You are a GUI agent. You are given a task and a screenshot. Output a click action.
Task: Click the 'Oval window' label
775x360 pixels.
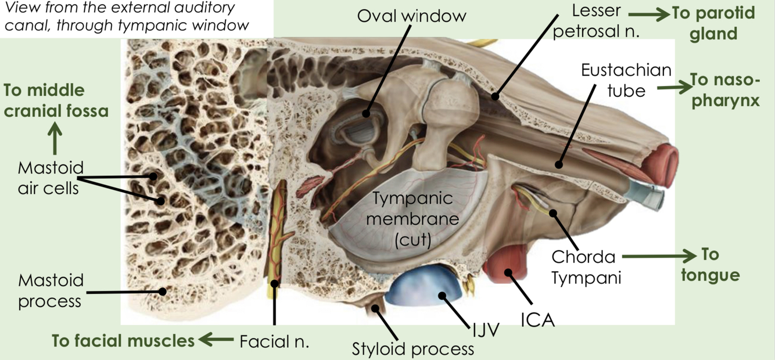click(x=411, y=16)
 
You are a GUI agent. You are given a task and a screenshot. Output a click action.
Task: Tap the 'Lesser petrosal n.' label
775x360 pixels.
click(x=595, y=21)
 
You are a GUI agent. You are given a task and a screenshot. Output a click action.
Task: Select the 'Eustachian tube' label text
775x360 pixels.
click(x=626, y=80)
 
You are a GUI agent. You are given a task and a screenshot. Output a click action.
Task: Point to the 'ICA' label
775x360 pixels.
click(x=537, y=319)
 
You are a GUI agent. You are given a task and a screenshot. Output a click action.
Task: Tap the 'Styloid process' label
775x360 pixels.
click(x=413, y=349)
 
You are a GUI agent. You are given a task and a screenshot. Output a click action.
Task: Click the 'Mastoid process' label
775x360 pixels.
click(x=51, y=291)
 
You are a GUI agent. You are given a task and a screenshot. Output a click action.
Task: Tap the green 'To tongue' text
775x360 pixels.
click(x=710, y=264)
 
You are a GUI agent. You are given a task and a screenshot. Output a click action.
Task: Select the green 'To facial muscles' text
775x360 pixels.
click(x=123, y=341)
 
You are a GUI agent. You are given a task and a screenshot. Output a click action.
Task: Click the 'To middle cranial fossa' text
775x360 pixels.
click(x=56, y=100)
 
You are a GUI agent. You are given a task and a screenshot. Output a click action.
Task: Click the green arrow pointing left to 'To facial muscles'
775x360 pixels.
click(x=217, y=340)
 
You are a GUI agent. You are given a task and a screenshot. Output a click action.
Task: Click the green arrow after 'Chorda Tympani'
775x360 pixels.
click(x=662, y=255)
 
